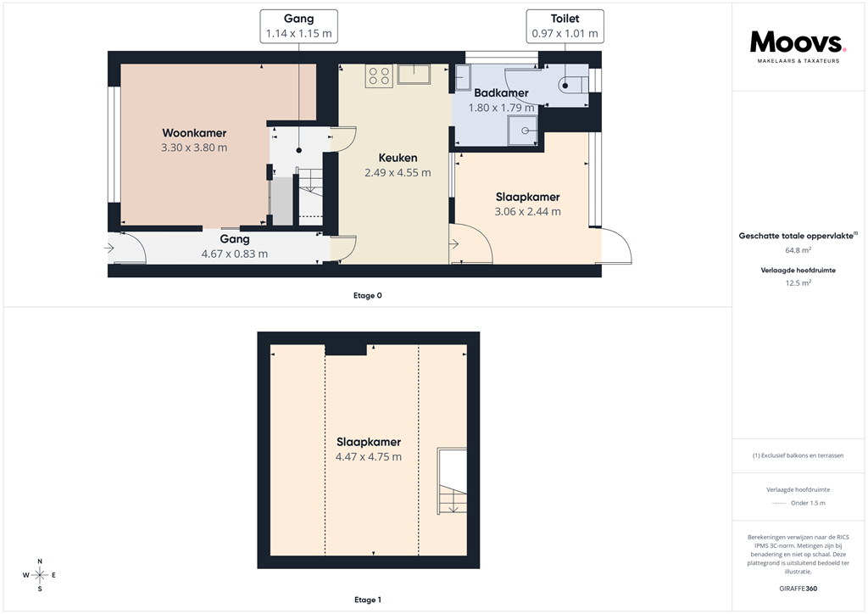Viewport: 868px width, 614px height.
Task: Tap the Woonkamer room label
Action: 194,133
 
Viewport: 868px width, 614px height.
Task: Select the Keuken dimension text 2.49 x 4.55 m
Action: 397,173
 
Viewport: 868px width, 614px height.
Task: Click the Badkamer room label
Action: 501,93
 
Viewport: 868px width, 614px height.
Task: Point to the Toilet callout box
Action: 565,26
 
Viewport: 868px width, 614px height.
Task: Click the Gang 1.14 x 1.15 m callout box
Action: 298,26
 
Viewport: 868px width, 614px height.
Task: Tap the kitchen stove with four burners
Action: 379,76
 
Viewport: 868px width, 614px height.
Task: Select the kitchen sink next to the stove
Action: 415,75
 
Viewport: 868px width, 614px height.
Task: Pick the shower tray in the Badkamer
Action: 522,131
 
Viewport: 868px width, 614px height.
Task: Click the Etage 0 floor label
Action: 367,296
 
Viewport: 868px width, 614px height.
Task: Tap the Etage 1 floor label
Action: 367,600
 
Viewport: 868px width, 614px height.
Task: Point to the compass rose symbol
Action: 39,575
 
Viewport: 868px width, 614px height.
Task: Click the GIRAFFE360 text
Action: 798,589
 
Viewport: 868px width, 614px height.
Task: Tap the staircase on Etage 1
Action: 451,482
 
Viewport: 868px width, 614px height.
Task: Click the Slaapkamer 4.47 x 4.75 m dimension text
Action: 368,457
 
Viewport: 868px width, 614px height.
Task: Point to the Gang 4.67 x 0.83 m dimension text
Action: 234,254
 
